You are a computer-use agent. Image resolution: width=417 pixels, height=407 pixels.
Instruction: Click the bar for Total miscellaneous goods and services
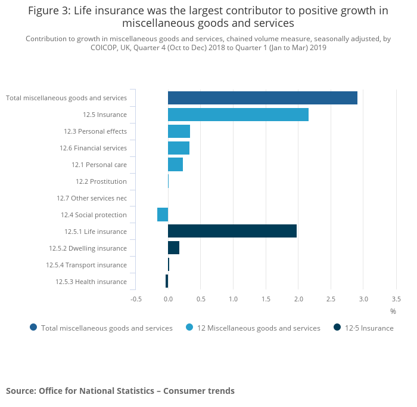coord(262,98)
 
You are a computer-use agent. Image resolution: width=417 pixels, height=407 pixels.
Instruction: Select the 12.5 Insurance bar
coord(238,115)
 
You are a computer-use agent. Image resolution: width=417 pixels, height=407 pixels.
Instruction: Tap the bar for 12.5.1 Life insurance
coord(232,231)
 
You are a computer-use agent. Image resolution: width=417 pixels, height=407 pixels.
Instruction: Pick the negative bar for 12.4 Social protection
coord(163,214)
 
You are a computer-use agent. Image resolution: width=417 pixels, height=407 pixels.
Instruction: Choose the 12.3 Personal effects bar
coord(179,131)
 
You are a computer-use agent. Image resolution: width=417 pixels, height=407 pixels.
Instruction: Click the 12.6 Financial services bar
coord(178,148)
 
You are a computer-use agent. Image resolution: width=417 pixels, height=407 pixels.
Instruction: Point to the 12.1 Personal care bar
coord(175,165)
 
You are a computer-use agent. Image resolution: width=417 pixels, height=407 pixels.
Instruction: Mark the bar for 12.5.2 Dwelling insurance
coord(173,248)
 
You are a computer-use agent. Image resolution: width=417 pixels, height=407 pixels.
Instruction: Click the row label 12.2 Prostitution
coord(101,181)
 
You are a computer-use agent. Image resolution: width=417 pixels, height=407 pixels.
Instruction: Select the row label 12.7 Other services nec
coord(92,198)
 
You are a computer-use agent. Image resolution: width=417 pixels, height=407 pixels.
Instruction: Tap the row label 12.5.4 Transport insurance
coord(86,265)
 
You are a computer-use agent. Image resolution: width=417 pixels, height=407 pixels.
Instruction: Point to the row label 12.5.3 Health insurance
coord(91,282)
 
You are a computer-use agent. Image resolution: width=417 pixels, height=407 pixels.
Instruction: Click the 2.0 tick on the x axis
coord(298,298)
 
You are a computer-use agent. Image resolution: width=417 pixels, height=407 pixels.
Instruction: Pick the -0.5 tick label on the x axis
coord(136,298)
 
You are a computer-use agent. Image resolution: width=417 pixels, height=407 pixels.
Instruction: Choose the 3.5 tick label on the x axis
coord(396,298)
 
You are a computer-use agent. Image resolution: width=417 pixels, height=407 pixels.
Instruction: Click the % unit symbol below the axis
coord(393,312)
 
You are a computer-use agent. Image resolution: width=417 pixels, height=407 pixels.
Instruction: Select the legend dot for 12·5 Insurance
coord(337,327)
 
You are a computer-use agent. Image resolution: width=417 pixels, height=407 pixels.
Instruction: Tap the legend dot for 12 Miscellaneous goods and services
coord(189,327)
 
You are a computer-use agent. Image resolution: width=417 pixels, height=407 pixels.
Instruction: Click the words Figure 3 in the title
coord(48,11)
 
